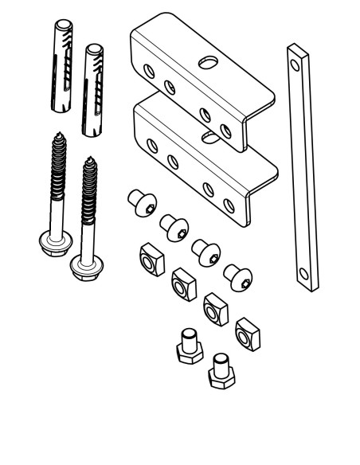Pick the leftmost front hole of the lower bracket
[151, 144]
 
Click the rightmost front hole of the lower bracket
[229, 205]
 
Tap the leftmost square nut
[148, 259]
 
